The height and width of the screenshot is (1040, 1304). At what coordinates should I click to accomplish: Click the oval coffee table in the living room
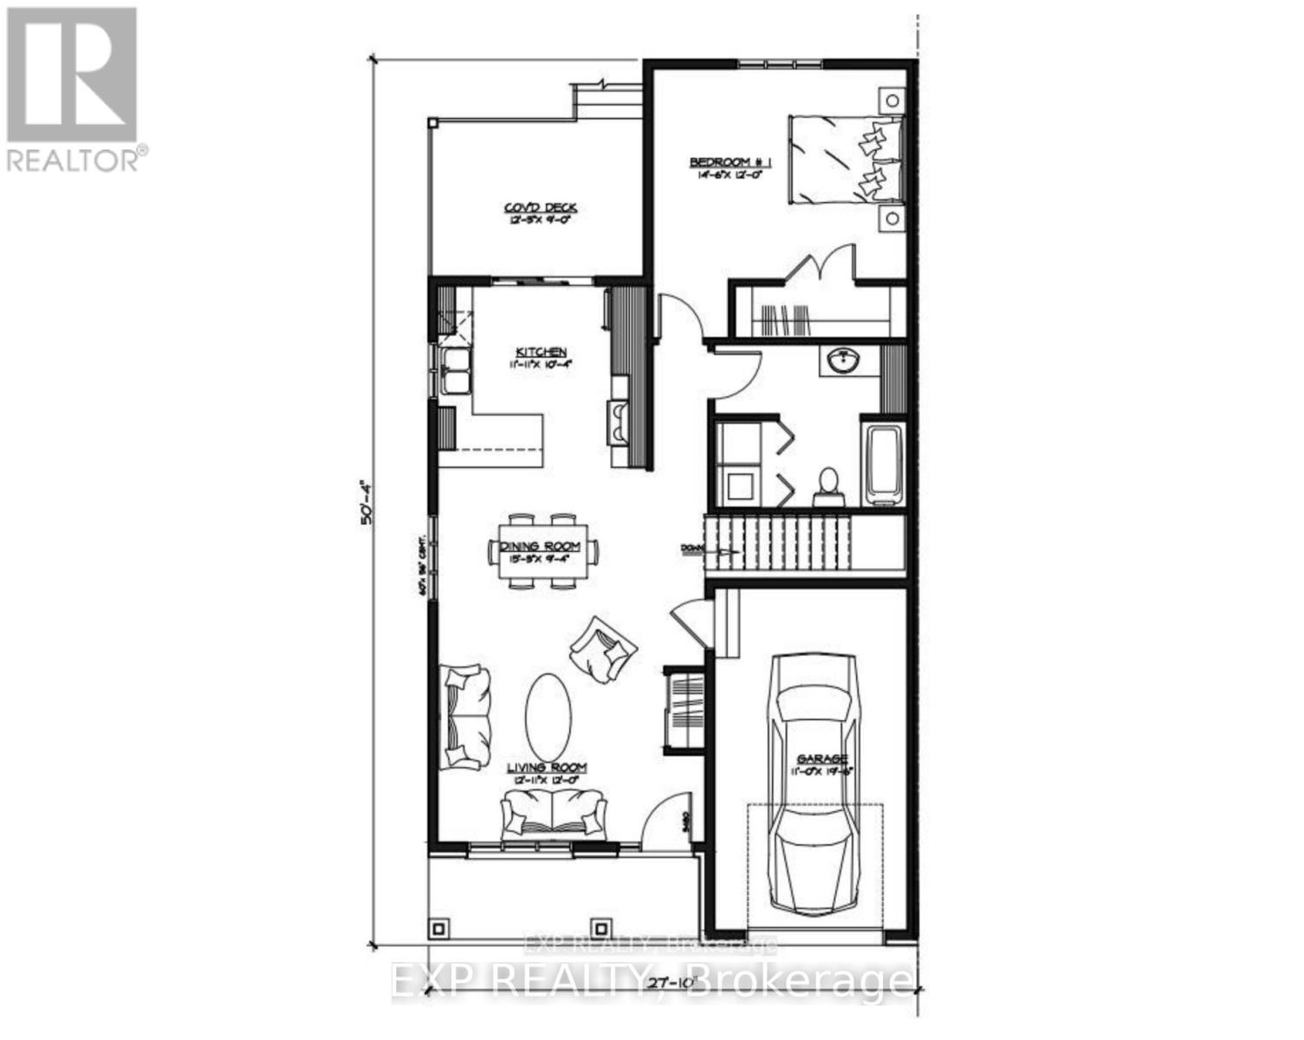click(548, 716)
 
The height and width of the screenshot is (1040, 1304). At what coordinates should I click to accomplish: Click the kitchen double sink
click(454, 371)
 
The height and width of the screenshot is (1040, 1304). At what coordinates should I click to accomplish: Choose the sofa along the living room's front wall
click(552, 814)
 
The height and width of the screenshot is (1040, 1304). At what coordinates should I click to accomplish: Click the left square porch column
click(440, 928)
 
